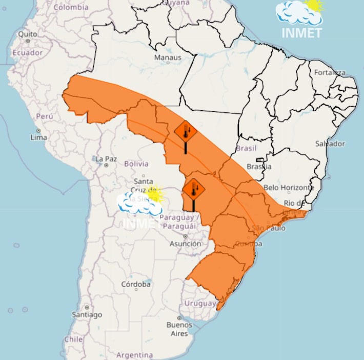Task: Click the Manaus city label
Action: (x=168, y=58)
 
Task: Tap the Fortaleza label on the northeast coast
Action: (x=330, y=72)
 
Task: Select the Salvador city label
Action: (x=330, y=144)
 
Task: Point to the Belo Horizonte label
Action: (x=289, y=188)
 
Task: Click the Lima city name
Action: (x=39, y=137)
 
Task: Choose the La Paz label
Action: (x=106, y=159)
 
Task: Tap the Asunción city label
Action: (x=186, y=244)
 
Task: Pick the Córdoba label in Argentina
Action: (x=136, y=284)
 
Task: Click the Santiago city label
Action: (x=87, y=314)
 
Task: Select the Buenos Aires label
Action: (x=179, y=329)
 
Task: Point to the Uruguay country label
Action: (x=200, y=304)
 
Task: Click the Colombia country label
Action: (x=71, y=7)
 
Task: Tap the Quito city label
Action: (x=28, y=34)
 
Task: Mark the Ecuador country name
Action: (x=27, y=53)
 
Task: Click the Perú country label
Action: (x=44, y=116)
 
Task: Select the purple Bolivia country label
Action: (x=136, y=164)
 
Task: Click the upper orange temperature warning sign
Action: (x=186, y=132)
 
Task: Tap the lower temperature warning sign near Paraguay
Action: (x=193, y=190)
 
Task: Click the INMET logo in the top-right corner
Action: (x=301, y=19)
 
